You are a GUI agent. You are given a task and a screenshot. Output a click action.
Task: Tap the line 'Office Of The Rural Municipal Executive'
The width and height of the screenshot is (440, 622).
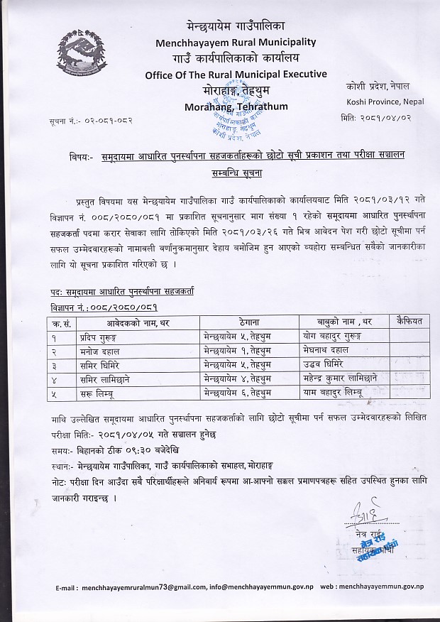236,74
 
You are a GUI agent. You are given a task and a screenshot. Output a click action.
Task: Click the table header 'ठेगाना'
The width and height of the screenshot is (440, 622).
234,322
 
